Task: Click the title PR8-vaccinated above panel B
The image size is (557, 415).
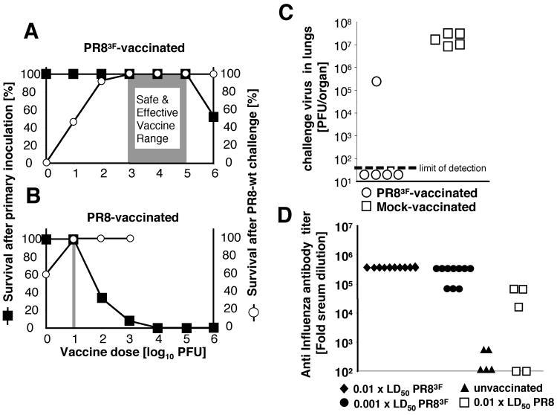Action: coord(130,217)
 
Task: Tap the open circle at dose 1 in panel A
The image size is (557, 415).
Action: coord(74,120)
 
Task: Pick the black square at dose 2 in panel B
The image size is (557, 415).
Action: coord(102,297)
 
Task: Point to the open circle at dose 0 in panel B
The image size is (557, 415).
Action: coord(47,274)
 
